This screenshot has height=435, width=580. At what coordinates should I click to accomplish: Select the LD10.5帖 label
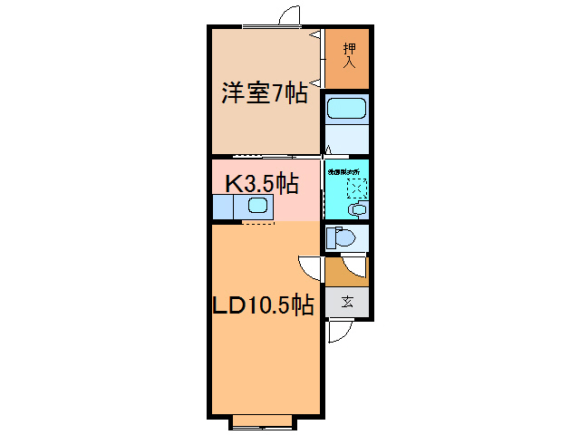(264, 305)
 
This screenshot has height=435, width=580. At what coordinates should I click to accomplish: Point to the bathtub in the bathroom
(345, 111)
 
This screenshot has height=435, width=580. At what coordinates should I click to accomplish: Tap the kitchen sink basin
(256, 206)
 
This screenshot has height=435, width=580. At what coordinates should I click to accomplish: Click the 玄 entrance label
(348, 303)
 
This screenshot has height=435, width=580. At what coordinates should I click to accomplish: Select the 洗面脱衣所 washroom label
(344, 170)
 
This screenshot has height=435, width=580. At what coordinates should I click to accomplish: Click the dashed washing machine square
(355, 188)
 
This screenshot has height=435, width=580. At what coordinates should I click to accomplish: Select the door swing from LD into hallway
(310, 267)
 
